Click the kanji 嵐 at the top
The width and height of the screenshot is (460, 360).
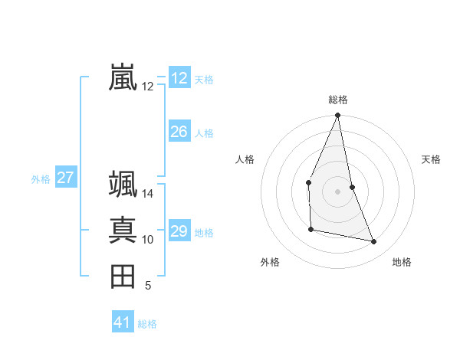(x=123, y=77)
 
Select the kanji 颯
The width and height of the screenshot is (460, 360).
(x=123, y=185)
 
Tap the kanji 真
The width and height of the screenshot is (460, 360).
(x=123, y=231)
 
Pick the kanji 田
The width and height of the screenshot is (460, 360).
(x=123, y=277)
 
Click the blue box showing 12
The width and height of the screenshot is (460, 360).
(x=179, y=78)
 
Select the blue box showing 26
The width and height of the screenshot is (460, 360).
(x=179, y=132)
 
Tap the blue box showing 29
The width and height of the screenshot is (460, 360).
(x=179, y=231)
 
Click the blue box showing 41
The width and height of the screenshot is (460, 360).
(x=123, y=322)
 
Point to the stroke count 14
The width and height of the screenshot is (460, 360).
(x=148, y=194)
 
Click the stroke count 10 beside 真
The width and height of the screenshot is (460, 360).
(x=148, y=240)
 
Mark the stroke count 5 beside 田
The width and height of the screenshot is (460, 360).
(x=148, y=286)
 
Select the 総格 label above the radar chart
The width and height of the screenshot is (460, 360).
(x=337, y=100)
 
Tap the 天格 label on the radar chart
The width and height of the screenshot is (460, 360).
(x=431, y=159)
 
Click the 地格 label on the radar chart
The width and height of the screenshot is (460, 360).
(x=402, y=262)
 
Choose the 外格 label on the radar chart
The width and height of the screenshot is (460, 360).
(x=270, y=262)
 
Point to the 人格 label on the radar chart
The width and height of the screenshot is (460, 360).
(x=245, y=159)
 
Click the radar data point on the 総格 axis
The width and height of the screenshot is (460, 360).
(x=337, y=116)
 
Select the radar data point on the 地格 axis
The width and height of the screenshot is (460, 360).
(x=374, y=241)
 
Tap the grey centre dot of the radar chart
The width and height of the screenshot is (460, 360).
(x=337, y=191)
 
